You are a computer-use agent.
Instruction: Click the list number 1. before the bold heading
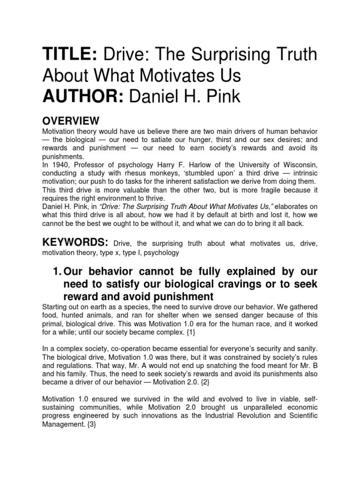click(x=55, y=272)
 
